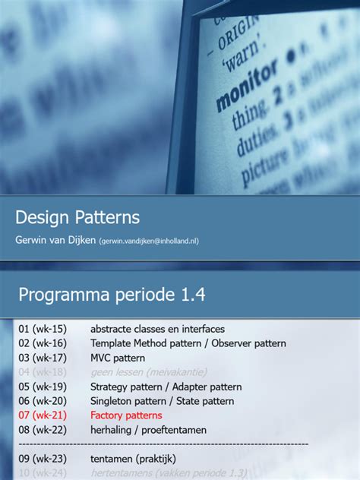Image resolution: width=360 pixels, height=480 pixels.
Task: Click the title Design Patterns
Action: pos(77,217)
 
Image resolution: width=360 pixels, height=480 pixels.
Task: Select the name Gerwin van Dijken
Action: pos(55,240)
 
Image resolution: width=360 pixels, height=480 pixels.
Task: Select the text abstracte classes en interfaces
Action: pos(157,329)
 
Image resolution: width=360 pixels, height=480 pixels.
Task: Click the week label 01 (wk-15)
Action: pos(43,329)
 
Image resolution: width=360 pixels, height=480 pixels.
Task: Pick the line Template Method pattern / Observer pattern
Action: pos(188,343)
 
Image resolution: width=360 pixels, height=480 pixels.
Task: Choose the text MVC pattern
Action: pos(118,358)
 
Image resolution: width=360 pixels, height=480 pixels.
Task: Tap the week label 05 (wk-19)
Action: pos(43,387)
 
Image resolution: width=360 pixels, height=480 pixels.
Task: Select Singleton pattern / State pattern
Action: pos(162,401)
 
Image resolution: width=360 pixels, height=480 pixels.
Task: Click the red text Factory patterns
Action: pos(126,415)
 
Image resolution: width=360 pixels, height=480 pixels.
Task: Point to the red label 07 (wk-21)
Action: pos(43,415)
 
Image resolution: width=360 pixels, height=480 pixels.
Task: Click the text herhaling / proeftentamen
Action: pos(148,430)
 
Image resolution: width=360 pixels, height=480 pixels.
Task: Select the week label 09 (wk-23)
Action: pos(43,459)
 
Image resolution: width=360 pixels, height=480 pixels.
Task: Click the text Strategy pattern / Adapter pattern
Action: pos(166,387)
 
